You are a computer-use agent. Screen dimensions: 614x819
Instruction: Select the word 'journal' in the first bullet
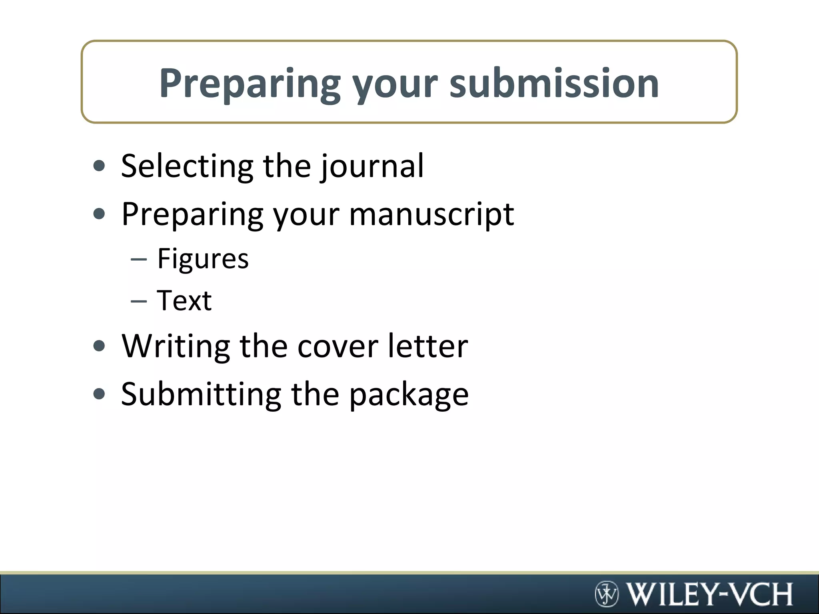[x=372, y=166]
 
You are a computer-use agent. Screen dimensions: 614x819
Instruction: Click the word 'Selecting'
[x=187, y=166]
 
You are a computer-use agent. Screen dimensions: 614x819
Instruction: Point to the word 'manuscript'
[x=431, y=215]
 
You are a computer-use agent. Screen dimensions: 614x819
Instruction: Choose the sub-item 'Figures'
[x=203, y=259]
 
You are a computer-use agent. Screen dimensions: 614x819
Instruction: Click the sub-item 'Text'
[x=184, y=301]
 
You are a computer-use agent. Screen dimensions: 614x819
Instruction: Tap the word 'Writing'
[x=176, y=346]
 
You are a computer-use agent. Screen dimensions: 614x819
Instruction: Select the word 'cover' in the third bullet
[x=338, y=346]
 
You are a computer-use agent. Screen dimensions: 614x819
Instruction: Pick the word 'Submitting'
[x=201, y=394]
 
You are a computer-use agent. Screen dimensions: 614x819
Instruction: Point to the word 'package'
[x=409, y=395]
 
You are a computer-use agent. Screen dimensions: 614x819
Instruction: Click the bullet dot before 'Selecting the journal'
[x=99, y=166]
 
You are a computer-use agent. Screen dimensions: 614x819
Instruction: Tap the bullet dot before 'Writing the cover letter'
[x=99, y=346]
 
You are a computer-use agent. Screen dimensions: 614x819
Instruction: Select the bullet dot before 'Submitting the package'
[x=99, y=394]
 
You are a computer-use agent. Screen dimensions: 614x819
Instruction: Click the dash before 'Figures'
[x=139, y=259]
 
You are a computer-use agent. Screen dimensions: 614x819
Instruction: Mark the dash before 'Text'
[x=139, y=301]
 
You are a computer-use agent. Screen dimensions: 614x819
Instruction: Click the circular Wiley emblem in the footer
[x=607, y=594]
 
